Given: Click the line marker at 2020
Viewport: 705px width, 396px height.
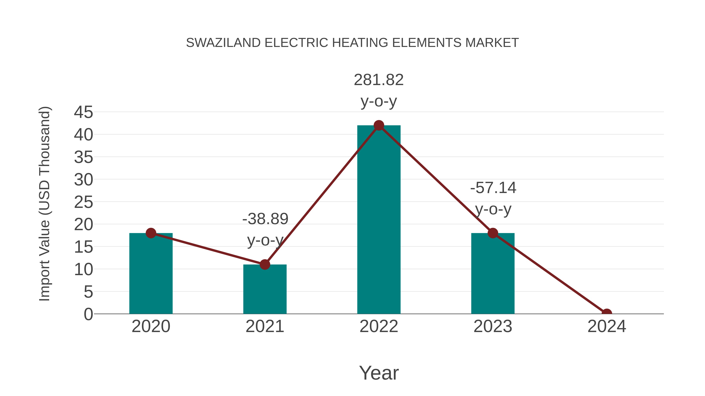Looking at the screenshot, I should pyautogui.click(x=151, y=233).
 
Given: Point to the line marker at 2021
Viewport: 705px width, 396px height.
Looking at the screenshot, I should pyautogui.click(x=265, y=265).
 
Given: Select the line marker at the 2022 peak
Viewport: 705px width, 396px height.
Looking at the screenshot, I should pyautogui.click(x=379, y=125).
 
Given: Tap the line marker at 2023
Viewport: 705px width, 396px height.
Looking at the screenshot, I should pyautogui.click(x=493, y=233).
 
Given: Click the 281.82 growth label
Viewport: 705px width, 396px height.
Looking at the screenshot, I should pyautogui.click(x=379, y=80).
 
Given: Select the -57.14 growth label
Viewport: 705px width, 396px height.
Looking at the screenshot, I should pyautogui.click(x=493, y=188).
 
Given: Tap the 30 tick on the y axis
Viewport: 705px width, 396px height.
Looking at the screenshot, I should pyautogui.click(x=83, y=180).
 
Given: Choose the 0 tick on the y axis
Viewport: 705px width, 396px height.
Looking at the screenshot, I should pyautogui.click(x=88, y=314).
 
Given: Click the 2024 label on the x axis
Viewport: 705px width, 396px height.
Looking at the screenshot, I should pyautogui.click(x=607, y=326).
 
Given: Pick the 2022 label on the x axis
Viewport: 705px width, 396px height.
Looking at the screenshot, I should pyautogui.click(x=379, y=326).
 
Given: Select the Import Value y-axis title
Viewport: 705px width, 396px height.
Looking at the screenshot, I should pyautogui.click(x=44, y=204).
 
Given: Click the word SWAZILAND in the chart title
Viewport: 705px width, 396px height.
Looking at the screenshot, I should pyautogui.click(x=223, y=43).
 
